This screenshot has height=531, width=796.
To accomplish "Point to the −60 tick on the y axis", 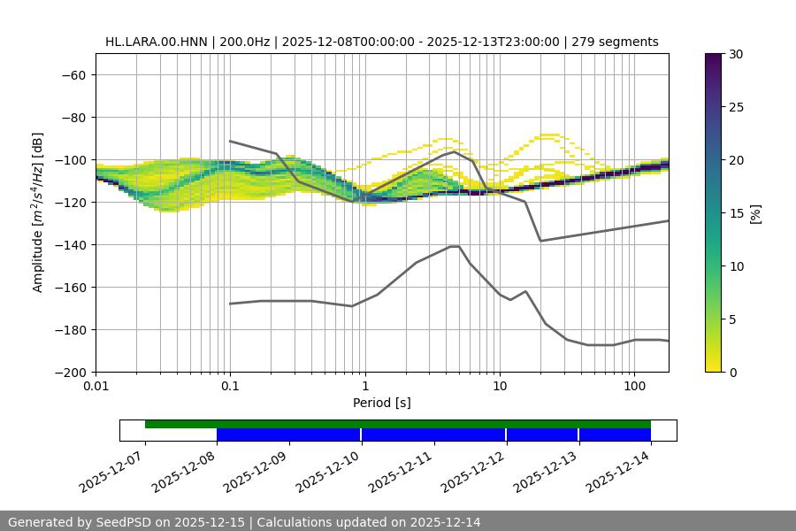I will point(73,74).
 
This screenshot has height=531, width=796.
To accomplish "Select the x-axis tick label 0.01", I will point(96,385).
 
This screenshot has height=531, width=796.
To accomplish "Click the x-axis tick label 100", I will point(634,385).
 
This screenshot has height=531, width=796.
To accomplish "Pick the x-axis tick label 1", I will point(365,385).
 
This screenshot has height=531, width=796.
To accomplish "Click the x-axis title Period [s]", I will point(382,403).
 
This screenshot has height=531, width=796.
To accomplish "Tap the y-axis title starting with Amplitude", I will point(38,212).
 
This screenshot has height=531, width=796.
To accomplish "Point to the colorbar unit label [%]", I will point(754,213).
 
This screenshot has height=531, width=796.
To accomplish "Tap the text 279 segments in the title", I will point(615,42).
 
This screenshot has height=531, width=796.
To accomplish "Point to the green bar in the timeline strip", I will point(398,424).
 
